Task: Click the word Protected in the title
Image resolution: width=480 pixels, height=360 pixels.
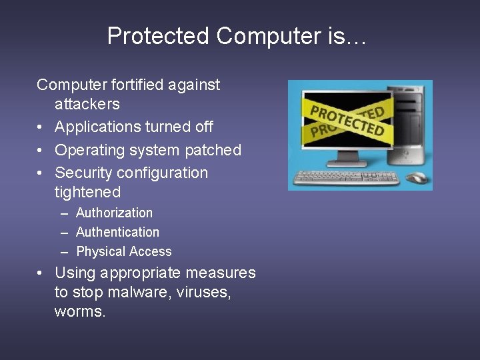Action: pyautogui.click(x=157, y=36)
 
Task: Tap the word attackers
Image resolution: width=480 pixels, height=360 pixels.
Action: pyautogui.click(x=87, y=104)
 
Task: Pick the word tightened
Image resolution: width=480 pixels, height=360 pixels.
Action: pyautogui.click(x=87, y=192)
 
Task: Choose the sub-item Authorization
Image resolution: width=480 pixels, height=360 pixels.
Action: pyautogui.click(x=114, y=213)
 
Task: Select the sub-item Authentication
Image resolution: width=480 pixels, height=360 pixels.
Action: pyautogui.click(x=117, y=232)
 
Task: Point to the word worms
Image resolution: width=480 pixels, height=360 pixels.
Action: pyautogui.click(x=80, y=311)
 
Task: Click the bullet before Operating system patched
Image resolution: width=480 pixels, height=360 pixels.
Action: pyautogui.click(x=41, y=151)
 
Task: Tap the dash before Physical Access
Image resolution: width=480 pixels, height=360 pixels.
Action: pyautogui.click(x=64, y=251)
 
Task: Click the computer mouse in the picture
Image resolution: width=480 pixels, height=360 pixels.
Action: pyautogui.click(x=416, y=178)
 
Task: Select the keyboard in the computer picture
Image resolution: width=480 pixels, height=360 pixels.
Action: pyautogui.click(x=347, y=178)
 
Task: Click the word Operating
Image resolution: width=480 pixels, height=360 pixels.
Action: pyautogui.click(x=86, y=150)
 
